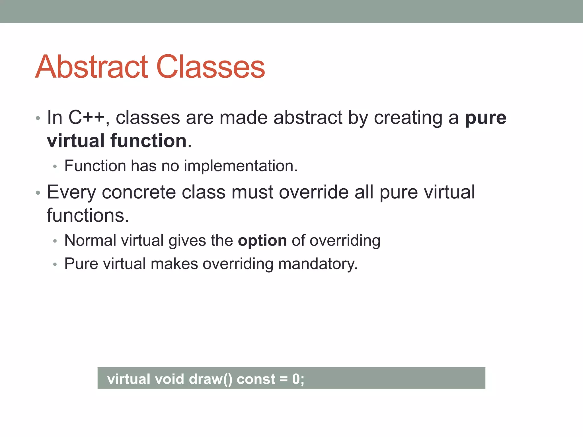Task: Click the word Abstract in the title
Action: coord(92,67)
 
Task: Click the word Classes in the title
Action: coord(211,67)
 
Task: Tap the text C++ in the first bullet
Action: coord(86,118)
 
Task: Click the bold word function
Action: coord(148,141)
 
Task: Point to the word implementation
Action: coord(241,166)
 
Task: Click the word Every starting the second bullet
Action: coord(71,192)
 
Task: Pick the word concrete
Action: coord(139,192)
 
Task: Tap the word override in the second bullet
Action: coord(314,192)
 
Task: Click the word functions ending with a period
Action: coord(88,215)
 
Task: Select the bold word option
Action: coord(262,241)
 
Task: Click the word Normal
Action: coord(90,241)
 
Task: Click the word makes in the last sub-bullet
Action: coord(174,264)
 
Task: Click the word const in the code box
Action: coord(256,379)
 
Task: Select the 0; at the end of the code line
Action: coord(298,379)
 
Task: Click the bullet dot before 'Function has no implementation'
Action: coord(55,166)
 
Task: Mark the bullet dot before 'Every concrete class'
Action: coord(38,193)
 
